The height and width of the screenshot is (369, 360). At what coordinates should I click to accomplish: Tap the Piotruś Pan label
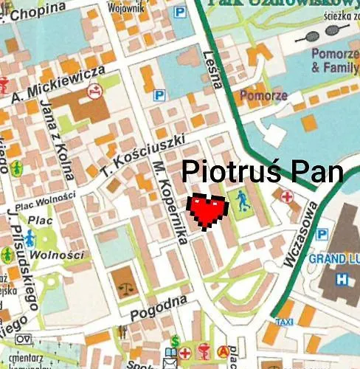(262, 172)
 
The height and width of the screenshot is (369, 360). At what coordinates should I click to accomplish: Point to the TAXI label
(284, 323)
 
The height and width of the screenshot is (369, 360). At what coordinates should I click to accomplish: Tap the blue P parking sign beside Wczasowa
(322, 234)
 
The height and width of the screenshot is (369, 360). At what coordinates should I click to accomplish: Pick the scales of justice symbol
(122, 281)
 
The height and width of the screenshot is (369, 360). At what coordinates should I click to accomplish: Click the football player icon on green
(243, 199)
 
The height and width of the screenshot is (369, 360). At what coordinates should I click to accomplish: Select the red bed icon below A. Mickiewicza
(94, 92)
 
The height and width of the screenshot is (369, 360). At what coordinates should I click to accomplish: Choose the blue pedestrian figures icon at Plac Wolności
(30, 238)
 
